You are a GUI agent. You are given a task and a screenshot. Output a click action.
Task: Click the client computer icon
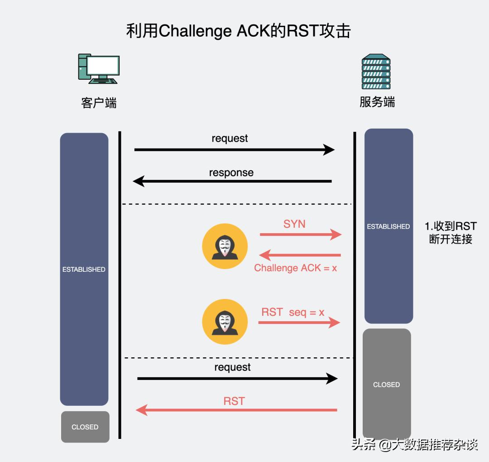tap(99, 69)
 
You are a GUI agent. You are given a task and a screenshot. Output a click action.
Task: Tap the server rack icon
tap(376, 72)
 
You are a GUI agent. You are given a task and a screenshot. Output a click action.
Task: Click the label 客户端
tap(99, 103)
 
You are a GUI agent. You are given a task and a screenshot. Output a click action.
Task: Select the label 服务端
tap(377, 102)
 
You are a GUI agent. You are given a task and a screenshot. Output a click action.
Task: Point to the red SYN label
tap(294, 224)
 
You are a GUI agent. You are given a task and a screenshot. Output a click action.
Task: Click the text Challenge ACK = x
tap(295, 268)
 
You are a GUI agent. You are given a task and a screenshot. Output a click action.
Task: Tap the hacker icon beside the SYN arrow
tap(225, 246)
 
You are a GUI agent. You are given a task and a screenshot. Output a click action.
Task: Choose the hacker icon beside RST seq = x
tap(225, 322)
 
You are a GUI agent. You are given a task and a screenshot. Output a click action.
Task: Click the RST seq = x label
tap(293, 312)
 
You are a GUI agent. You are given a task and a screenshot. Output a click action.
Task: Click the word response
tap(231, 173)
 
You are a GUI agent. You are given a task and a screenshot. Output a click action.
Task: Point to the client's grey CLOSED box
tap(85, 427)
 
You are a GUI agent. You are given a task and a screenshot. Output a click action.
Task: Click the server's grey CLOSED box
tap(387, 384)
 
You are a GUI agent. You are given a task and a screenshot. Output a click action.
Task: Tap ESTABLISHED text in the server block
tap(388, 226)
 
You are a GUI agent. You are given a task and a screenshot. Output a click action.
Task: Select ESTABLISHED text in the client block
tap(84, 269)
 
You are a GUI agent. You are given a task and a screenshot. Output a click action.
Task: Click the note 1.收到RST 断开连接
tap(451, 233)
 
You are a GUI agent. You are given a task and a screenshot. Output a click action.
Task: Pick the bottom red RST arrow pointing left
tap(236, 410)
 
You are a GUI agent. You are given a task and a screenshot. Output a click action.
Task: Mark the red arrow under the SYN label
tap(300, 235)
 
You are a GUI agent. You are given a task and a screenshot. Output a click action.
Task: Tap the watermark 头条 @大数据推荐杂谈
tap(414, 445)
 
